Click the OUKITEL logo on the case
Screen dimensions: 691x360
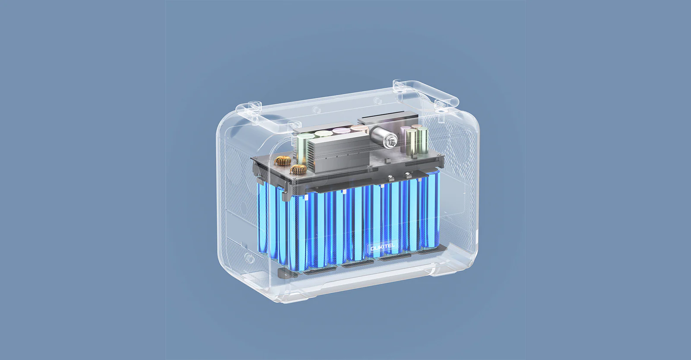[x=383, y=248]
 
